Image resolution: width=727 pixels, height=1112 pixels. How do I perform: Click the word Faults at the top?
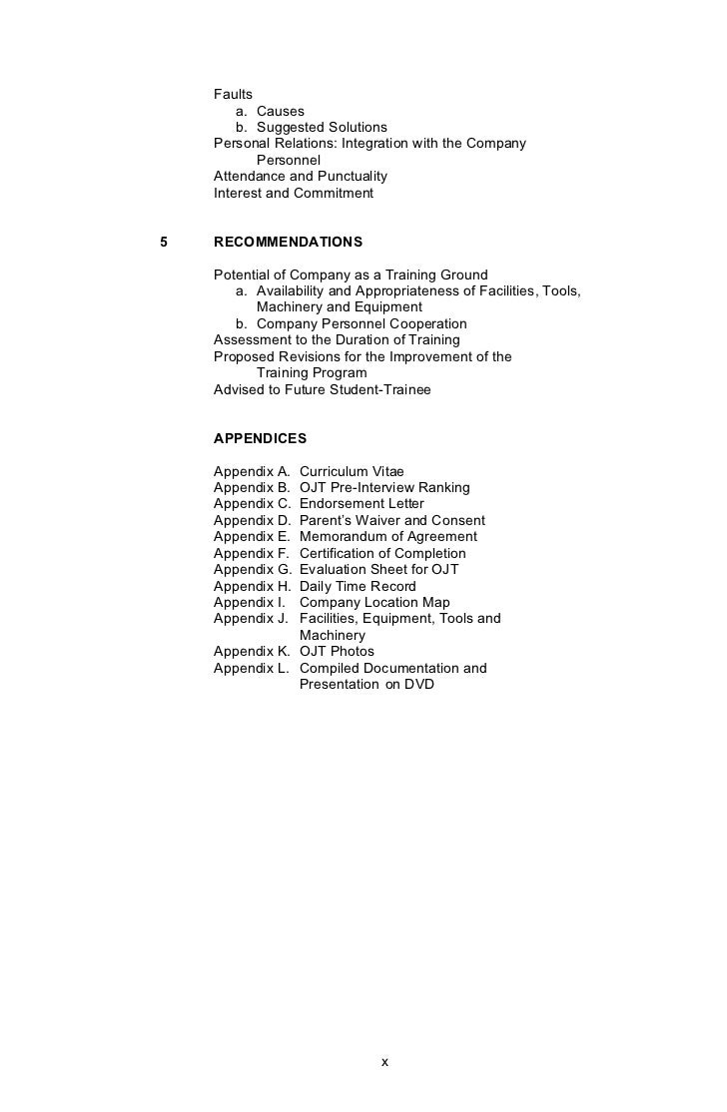click(233, 95)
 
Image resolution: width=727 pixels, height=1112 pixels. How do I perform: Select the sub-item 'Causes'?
click(280, 111)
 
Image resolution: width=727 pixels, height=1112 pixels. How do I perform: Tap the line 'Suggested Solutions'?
click(322, 128)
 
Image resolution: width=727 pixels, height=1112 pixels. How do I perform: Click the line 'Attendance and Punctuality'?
click(301, 177)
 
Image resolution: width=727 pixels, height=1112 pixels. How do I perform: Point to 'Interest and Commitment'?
click(294, 193)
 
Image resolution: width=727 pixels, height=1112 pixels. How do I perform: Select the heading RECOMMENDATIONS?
click(289, 243)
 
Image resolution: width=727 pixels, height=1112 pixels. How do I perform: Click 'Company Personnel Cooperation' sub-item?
click(362, 324)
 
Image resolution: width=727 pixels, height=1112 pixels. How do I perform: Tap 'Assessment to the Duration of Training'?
click(337, 340)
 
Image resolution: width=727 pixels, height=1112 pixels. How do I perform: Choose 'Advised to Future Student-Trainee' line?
click(323, 389)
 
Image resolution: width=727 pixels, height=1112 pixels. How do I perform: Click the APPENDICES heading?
click(261, 439)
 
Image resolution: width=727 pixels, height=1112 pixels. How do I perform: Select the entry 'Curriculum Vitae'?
click(352, 471)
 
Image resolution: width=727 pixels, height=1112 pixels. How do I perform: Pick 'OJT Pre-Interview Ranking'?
click(384, 488)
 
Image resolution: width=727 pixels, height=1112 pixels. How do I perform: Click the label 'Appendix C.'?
click(253, 504)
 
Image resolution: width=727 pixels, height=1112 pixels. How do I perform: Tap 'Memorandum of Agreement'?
click(388, 537)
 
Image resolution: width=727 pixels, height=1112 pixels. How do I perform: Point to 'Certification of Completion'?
click(382, 553)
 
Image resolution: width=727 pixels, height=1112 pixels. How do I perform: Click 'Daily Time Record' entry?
click(358, 586)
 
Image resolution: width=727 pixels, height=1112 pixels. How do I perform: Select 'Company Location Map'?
click(374, 603)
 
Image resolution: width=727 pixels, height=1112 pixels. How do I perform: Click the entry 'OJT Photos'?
click(337, 652)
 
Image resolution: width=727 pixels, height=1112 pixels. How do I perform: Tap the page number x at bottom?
click(384, 1061)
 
